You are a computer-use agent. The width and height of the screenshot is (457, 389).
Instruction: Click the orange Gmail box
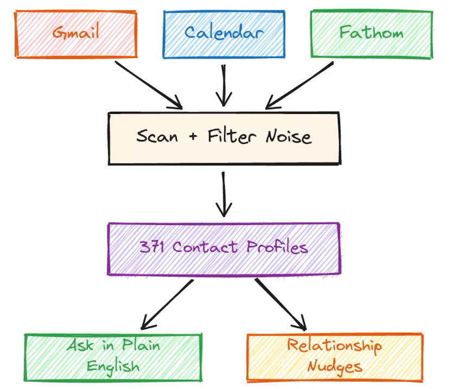(x=76, y=33)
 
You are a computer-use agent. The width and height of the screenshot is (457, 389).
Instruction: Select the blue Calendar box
(x=224, y=33)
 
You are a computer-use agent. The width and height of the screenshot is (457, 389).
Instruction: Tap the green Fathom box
(x=371, y=33)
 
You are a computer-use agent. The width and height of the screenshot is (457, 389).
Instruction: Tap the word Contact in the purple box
(x=205, y=247)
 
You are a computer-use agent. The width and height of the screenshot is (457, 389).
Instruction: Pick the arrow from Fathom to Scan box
(x=300, y=85)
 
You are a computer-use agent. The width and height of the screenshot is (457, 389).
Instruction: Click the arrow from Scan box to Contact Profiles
(x=224, y=194)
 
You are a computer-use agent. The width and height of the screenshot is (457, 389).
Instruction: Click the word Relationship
(x=334, y=346)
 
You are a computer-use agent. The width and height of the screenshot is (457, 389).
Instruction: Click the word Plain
(x=139, y=346)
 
